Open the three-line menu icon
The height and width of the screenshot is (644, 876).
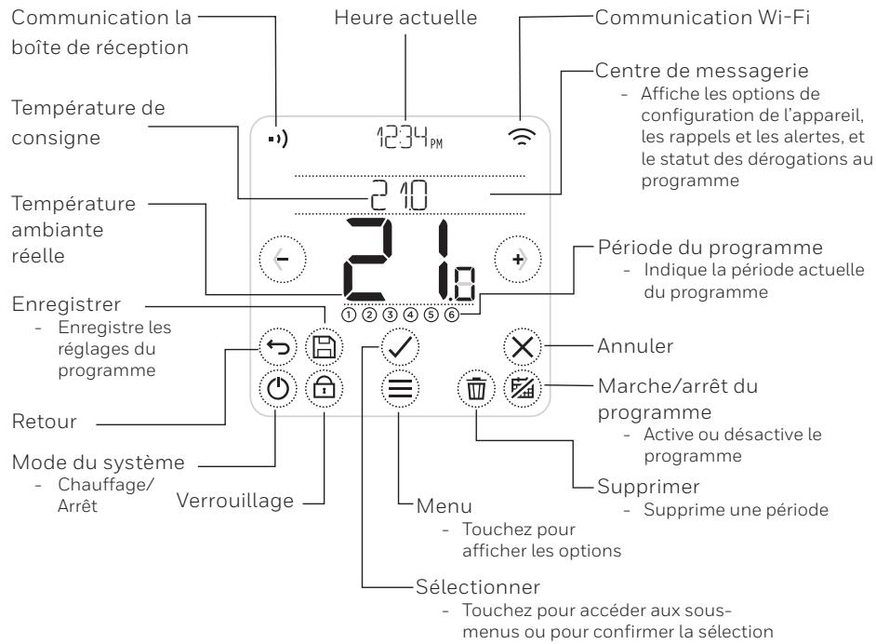point(400,387)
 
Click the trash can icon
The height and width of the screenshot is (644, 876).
point(476,387)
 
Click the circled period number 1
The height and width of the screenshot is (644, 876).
point(349,314)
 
